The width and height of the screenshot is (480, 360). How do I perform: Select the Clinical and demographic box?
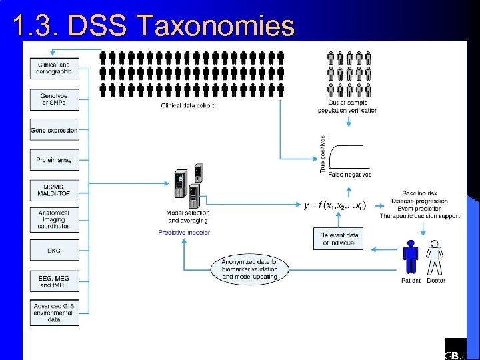click(54, 68)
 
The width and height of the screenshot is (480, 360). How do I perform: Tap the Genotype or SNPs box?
click(54, 99)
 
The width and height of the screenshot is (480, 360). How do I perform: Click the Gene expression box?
click(54, 130)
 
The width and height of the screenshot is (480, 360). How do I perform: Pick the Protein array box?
click(54, 160)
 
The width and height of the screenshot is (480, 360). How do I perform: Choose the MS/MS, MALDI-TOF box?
click(54, 190)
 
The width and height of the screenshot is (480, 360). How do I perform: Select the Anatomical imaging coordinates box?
click(54, 220)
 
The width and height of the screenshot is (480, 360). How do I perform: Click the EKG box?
click(54, 251)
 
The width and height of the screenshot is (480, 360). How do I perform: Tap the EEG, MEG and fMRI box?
click(54, 281)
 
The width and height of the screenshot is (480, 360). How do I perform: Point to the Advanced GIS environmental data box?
click(54, 313)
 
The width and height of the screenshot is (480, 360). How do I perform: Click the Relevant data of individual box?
click(339, 239)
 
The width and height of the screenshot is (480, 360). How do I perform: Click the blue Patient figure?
click(411, 257)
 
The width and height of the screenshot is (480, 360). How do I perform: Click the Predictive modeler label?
click(184, 233)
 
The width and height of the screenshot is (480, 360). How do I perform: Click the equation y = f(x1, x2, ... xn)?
click(335, 205)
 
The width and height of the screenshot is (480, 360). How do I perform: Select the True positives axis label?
click(323, 155)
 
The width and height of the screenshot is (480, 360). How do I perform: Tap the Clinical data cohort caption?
click(187, 105)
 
